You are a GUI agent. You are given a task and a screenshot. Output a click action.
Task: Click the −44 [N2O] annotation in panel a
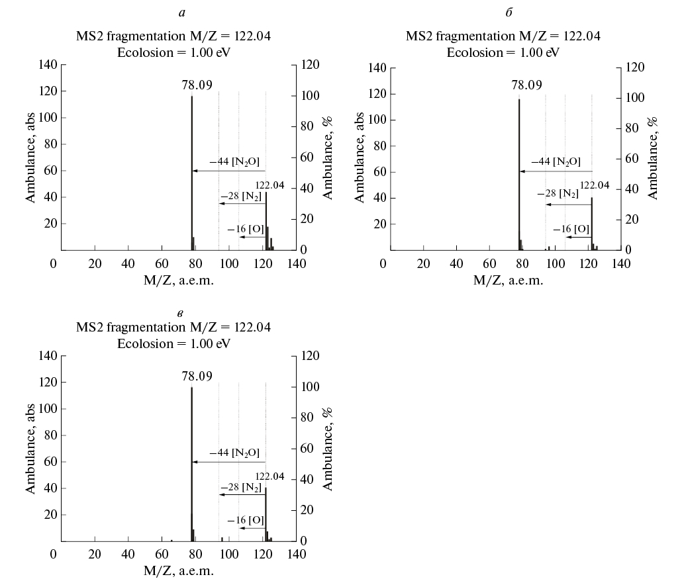click(x=234, y=161)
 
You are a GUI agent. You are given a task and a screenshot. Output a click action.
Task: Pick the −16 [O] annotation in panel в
click(x=246, y=520)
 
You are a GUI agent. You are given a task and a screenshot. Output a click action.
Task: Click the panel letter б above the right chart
click(x=509, y=13)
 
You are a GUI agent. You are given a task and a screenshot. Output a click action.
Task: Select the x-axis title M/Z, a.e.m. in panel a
click(x=179, y=280)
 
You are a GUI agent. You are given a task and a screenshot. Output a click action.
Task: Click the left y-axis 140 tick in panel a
click(x=50, y=65)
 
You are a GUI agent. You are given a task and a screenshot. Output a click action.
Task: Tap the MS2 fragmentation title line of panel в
click(x=173, y=328)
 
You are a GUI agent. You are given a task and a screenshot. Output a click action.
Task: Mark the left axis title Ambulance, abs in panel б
click(x=360, y=157)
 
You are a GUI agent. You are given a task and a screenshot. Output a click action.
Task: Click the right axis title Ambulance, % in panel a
click(x=327, y=157)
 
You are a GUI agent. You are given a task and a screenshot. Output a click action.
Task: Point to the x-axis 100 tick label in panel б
click(x=555, y=264)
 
